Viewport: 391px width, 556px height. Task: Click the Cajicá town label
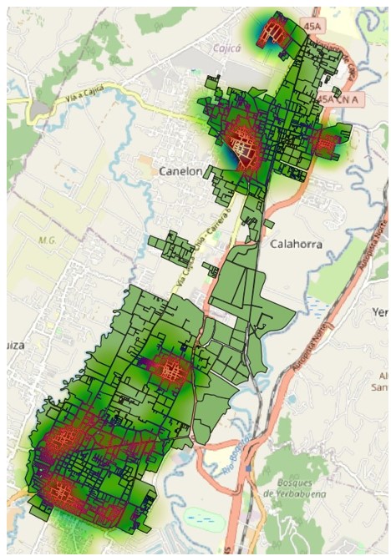pyautogui.click(x=227, y=48)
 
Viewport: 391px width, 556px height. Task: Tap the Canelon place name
pyautogui.click(x=180, y=171)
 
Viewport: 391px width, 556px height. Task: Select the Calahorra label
pyautogui.click(x=296, y=244)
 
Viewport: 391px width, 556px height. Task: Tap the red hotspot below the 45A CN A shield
pyautogui.click(x=324, y=142)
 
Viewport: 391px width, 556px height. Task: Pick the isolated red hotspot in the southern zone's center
pyautogui.click(x=170, y=368)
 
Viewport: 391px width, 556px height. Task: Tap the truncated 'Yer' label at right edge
pyautogui.click(x=380, y=311)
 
